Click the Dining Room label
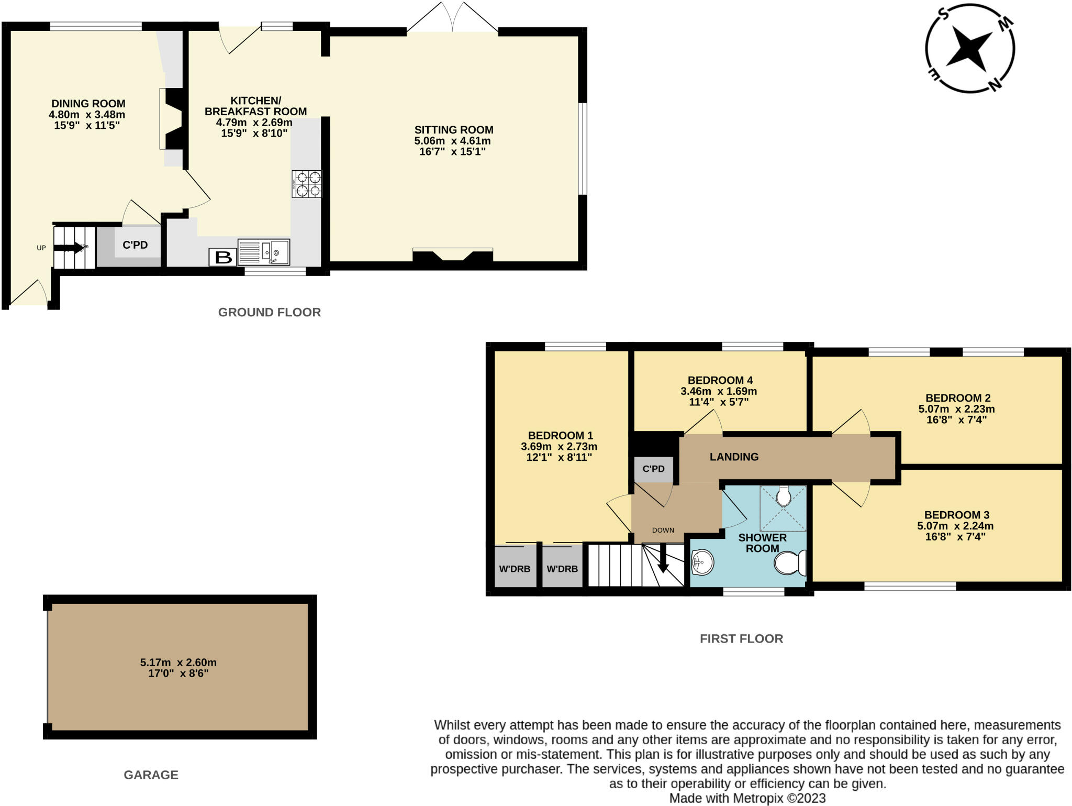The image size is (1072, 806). pos(88,104)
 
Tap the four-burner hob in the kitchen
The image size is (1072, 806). pos(307,184)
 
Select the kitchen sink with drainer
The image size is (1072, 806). pos(264,252)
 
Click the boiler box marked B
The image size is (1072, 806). pos(224,257)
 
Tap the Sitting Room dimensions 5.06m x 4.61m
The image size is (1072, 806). pos(453,141)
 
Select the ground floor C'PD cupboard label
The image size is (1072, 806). pos(135,245)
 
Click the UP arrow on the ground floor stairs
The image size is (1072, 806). pos(69,248)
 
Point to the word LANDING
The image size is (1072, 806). pos(734,457)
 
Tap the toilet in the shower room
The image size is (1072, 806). pos(790,563)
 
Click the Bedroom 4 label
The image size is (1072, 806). pos(720,380)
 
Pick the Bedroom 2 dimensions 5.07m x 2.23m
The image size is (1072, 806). pos(956,409)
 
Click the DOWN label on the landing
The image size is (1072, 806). pos(663,530)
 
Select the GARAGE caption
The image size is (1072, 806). pos(151,775)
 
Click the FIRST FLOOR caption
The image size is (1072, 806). pos(741,638)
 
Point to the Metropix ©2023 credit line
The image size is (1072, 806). pos(747,798)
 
